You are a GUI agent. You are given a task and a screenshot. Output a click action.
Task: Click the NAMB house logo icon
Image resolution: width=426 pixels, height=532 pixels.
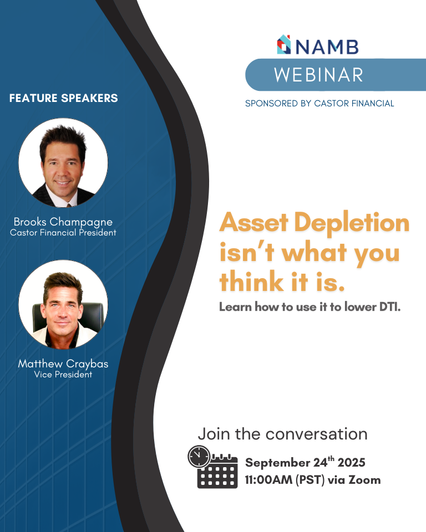point(284,44)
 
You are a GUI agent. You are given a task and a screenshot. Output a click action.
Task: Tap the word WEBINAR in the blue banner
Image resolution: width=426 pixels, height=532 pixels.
point(318,75)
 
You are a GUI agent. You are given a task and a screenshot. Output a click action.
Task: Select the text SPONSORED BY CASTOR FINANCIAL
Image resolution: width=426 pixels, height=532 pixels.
point(319,104)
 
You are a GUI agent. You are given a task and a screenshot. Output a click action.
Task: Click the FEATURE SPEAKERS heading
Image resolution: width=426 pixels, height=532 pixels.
point(64,98)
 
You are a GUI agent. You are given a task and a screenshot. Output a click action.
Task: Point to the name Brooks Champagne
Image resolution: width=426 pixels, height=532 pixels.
point(63,222)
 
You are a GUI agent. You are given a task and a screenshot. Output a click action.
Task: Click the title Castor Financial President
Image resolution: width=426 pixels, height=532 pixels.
point(63,233)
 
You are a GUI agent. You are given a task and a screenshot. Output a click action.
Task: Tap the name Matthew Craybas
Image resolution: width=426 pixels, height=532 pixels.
point(63,364)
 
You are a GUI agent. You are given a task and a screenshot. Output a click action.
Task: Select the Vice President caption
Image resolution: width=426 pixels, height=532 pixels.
point(63,374)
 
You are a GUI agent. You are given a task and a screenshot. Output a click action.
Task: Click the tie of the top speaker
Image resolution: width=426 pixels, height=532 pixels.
point(69,205)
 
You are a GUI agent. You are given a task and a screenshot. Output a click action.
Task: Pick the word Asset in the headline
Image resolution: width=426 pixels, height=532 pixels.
point(253,222)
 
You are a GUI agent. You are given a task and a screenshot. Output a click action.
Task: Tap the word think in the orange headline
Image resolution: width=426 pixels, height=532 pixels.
point(252,282)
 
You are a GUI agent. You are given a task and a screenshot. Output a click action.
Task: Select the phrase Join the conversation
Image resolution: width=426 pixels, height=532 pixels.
point(283,434)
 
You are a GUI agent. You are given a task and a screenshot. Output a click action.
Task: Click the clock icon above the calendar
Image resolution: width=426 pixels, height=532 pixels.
point(199,457)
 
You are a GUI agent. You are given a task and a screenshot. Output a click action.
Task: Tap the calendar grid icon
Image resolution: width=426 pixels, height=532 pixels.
point(217,472)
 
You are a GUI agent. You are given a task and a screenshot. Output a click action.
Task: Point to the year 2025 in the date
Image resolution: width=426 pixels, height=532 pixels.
point(352,462)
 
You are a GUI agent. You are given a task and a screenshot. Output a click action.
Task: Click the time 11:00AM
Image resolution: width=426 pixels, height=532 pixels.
point(268,480)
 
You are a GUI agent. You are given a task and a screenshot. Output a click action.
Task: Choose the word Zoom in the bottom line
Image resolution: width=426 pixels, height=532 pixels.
point(364,480)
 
